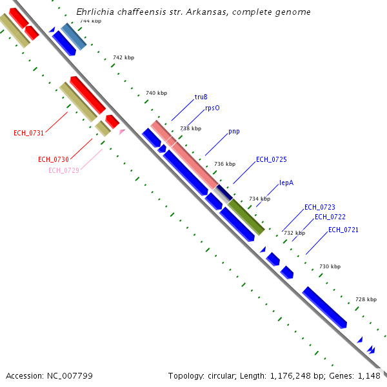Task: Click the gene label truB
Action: pos(201,97)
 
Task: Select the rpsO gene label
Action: pos(212,108)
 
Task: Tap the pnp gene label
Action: pos(233,132)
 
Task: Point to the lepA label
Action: pos(286,183)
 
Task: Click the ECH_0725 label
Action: pos(272,159)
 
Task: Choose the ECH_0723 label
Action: pos(320,207)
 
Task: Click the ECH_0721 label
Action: pos(343,230)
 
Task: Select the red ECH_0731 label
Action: pos(28,134)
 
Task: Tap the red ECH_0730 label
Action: pos(53,159)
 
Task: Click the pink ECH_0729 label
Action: pos(63,170)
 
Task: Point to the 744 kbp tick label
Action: pos(90,21)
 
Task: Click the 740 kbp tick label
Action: pos(156,94)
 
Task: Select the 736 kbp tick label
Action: pos(224,164)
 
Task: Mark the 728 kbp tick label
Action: pos(366,300)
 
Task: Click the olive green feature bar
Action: pos(246,217)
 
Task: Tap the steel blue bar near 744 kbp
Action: pos(74,37)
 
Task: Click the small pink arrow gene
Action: pos(122,132)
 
